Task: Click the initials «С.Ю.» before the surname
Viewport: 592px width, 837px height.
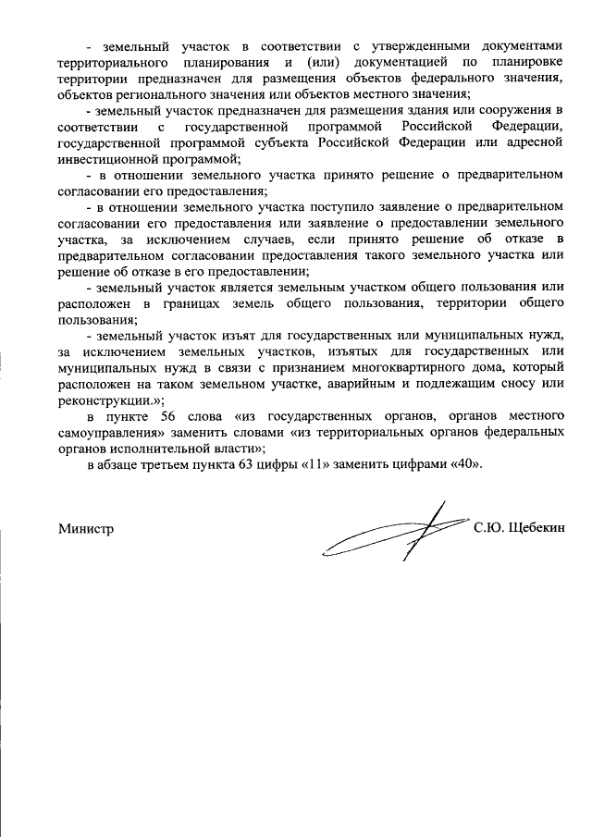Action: point(488,530)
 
